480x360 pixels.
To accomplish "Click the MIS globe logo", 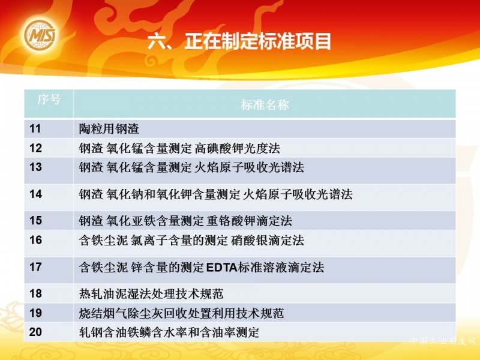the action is coord(40,35).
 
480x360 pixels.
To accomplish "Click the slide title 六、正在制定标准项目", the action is coord(239,41).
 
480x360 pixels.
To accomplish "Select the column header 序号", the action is coord(49,100).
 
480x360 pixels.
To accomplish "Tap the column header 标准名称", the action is coord(265,104).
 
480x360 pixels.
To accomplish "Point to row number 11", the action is coord(35,128).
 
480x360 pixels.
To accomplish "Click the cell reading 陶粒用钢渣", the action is coord(109,129).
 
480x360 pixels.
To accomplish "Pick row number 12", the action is coord(35,148).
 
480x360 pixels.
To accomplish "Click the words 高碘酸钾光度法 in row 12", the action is coord(237,148).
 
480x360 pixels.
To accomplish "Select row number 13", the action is coord(35,167).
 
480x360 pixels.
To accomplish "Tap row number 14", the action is coord(35,194).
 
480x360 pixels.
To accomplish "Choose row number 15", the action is coord(35,220).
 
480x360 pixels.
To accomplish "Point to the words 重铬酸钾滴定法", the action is coord(249,221).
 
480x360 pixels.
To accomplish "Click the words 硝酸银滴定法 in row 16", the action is coord(268,241).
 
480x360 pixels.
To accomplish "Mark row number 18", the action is coord(35,293).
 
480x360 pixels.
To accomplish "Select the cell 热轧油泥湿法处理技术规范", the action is coord(151,294).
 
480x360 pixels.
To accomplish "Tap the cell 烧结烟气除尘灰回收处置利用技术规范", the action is coord(182,313).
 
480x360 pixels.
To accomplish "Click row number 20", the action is coord(35,332).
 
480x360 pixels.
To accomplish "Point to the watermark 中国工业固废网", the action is coord(443,341).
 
